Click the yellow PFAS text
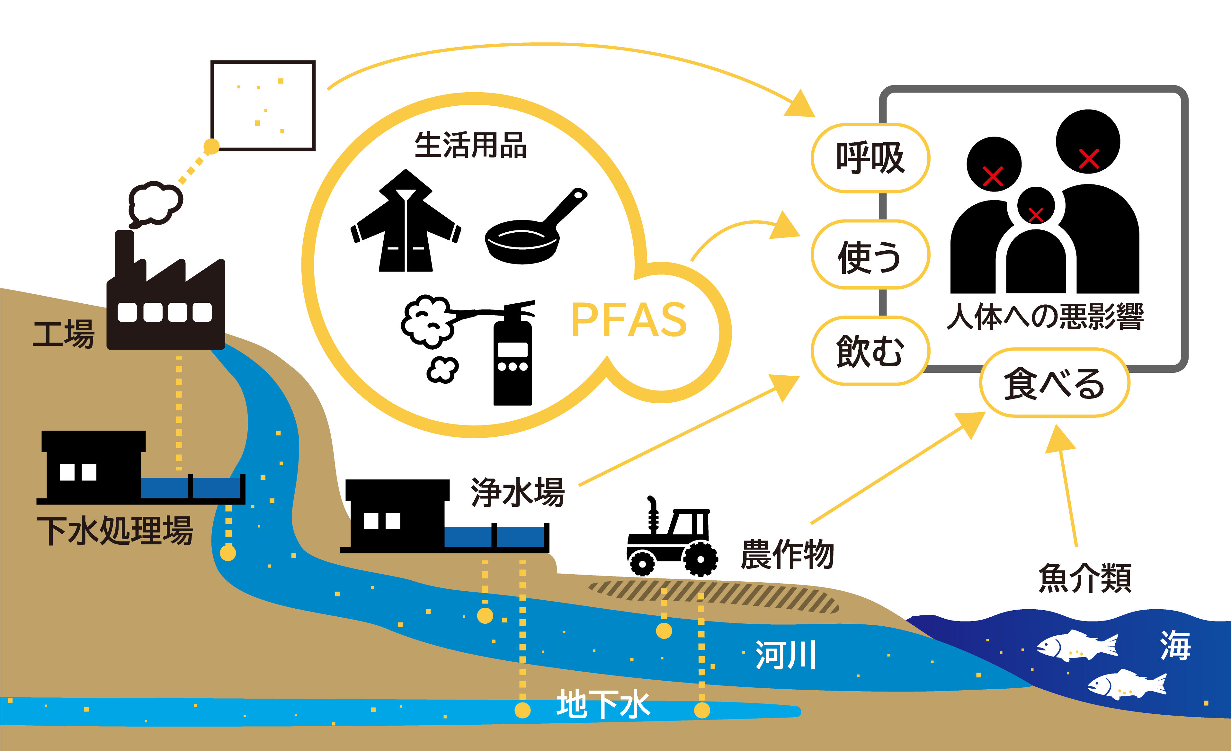pyautogui.click(x=629, y=320)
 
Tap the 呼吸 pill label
pyautogui.click(x=870, y=158)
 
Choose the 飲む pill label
pyautogui.click(x=870, y=351)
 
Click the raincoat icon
pyautogui.click(x=406, y=225)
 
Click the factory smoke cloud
pyautogui.click(x=155, y=202)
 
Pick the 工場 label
pyautogui.click(x=63, y=334)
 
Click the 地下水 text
pyautogui.click(x=603, y=704)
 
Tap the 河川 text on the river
pyautogui.click(x=785, y=655)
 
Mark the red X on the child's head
pyautogui.click(x=1036, y=215)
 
